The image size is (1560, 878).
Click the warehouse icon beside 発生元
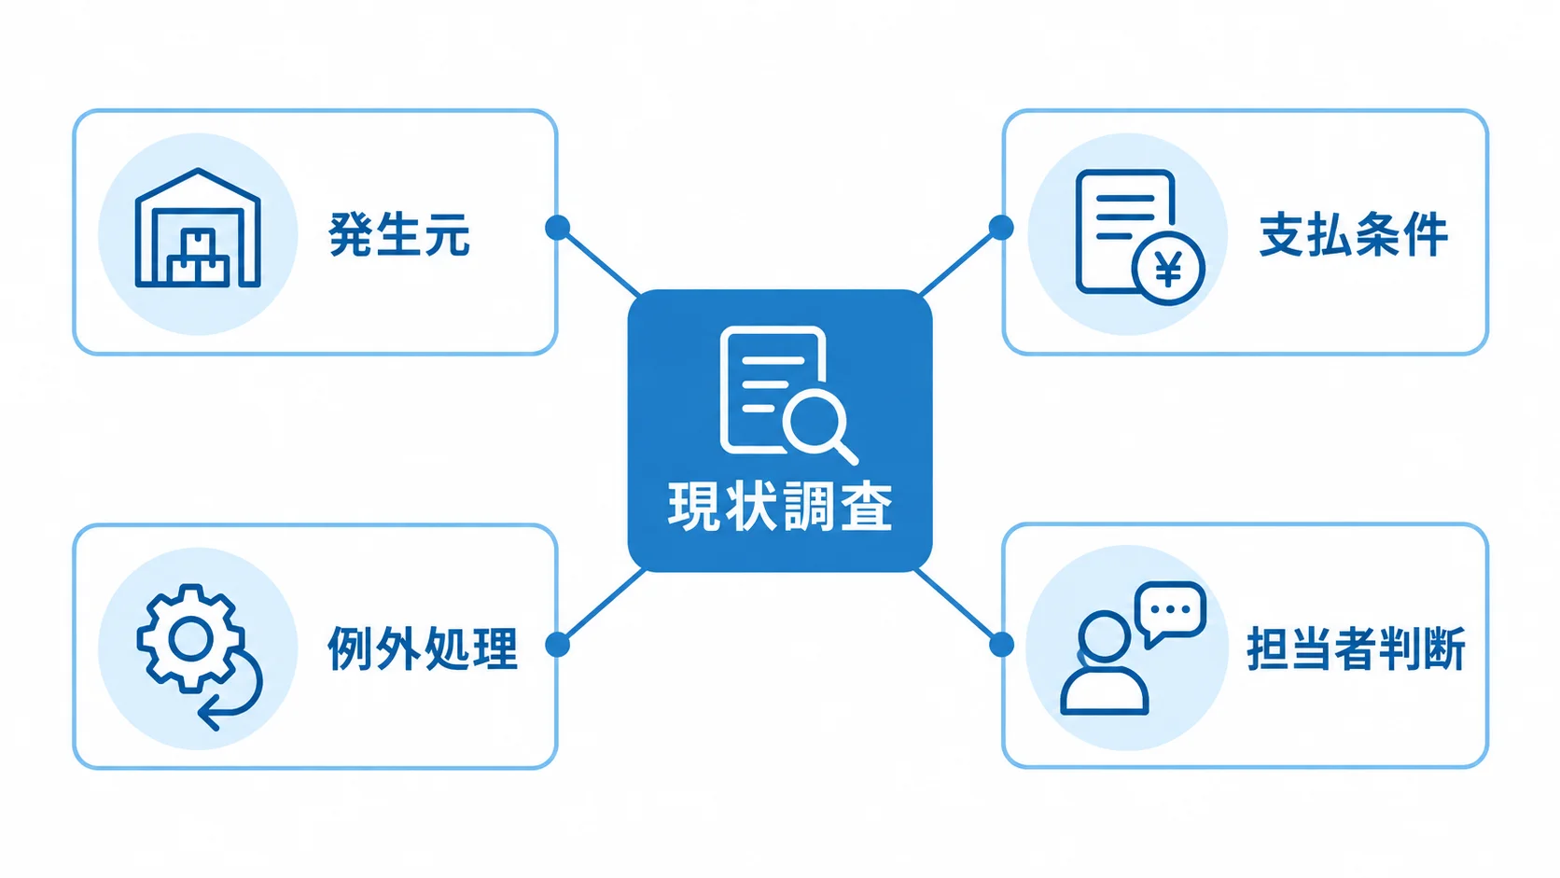(x=198, y=229)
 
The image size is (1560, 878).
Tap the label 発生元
(x=399, y=234)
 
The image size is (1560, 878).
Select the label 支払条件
(x=1354, y=234)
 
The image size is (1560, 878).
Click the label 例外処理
(x=423, y=648)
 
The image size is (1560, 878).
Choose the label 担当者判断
(x=1356, y=648)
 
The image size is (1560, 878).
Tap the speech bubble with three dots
(x=1170, y=610)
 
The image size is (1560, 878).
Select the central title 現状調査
(x=780, y=508)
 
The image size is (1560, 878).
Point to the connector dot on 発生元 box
(x=557, y=228)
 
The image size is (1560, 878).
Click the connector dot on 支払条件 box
(x=1001, y=228)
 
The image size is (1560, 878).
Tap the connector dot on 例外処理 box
(x=557, y=645)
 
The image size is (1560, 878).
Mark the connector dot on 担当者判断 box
(x=1001, y=645)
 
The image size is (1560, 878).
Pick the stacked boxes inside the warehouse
(x=198, y=257)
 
